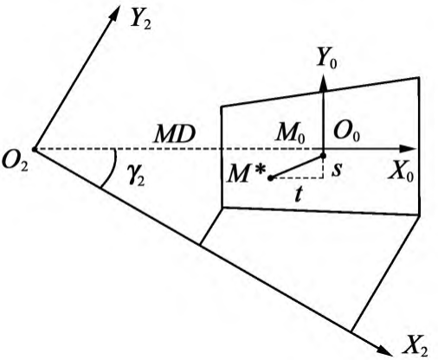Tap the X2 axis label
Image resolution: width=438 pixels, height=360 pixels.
[x=415, y=344]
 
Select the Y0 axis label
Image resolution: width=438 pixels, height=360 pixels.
[x=326, y=59]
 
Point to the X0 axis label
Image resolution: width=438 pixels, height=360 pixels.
[x=401, y=173]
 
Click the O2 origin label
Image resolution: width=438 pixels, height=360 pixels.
[x=15, y=164]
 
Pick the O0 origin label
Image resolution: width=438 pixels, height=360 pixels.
[x=346, y=133]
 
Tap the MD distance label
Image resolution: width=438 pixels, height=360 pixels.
[x=175, y=134]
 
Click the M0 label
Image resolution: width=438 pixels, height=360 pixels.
[x=290, y=134]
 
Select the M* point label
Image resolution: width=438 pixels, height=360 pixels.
[x=246, y=174]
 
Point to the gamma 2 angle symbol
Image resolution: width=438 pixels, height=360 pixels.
[x=136, y=177]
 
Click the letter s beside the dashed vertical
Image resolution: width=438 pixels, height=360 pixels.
[x=337, y=170]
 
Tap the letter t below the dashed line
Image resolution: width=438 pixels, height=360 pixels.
[x=299, y=194]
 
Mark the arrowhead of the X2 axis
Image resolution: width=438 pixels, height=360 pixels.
[x=385, y=350]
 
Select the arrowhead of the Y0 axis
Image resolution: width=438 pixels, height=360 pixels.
[x=323, y=83]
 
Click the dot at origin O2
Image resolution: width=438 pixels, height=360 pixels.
[x=34, y=150]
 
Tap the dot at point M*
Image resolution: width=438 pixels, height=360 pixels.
[x=270, y=178]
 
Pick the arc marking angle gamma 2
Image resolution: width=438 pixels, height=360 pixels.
[x=112, y=169]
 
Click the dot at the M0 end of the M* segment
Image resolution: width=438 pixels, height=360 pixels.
[x=323, y=156]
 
